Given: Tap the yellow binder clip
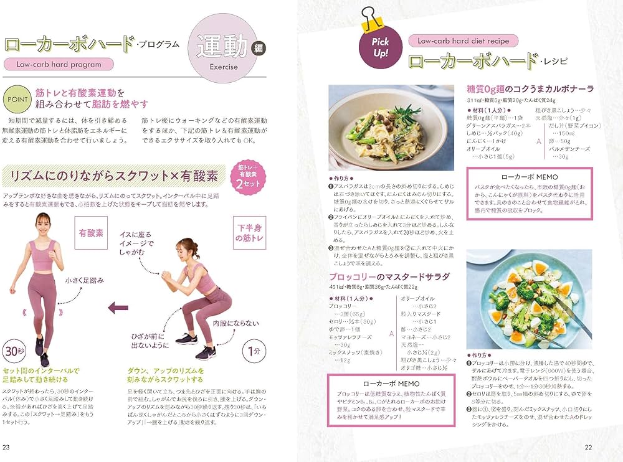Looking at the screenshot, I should tap(373, 17).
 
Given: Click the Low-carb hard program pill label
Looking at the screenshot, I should tap(59, 64).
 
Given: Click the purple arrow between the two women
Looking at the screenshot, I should tap(118, 307).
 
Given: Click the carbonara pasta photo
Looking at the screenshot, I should tap(391, 128).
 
